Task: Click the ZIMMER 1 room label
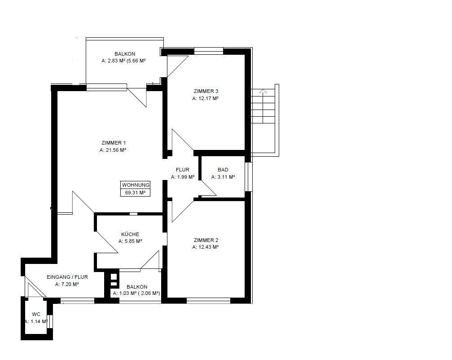pos(114,143)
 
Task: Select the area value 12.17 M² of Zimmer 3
pos(205,98)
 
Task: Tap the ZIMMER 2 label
pos(206,240)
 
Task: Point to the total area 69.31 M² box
pos(135,193)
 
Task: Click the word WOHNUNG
pos(136,185)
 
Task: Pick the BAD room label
pos(223,170)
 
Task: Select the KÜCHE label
pos(130,234)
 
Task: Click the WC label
pos(36,314)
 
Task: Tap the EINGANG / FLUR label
pos(67,277)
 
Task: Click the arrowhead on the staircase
pos(263,92)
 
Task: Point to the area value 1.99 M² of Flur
pos(183,177)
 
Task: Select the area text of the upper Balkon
pos(124,61)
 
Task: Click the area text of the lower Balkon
pos(136,294)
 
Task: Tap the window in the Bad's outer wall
pos(249,177)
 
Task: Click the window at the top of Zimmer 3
pos(209,52)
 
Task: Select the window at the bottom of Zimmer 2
pos(208,300)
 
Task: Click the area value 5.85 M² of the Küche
pos(130,241)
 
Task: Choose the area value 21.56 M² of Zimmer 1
pos(113,150)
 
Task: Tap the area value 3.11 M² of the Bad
pos(223,177)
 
